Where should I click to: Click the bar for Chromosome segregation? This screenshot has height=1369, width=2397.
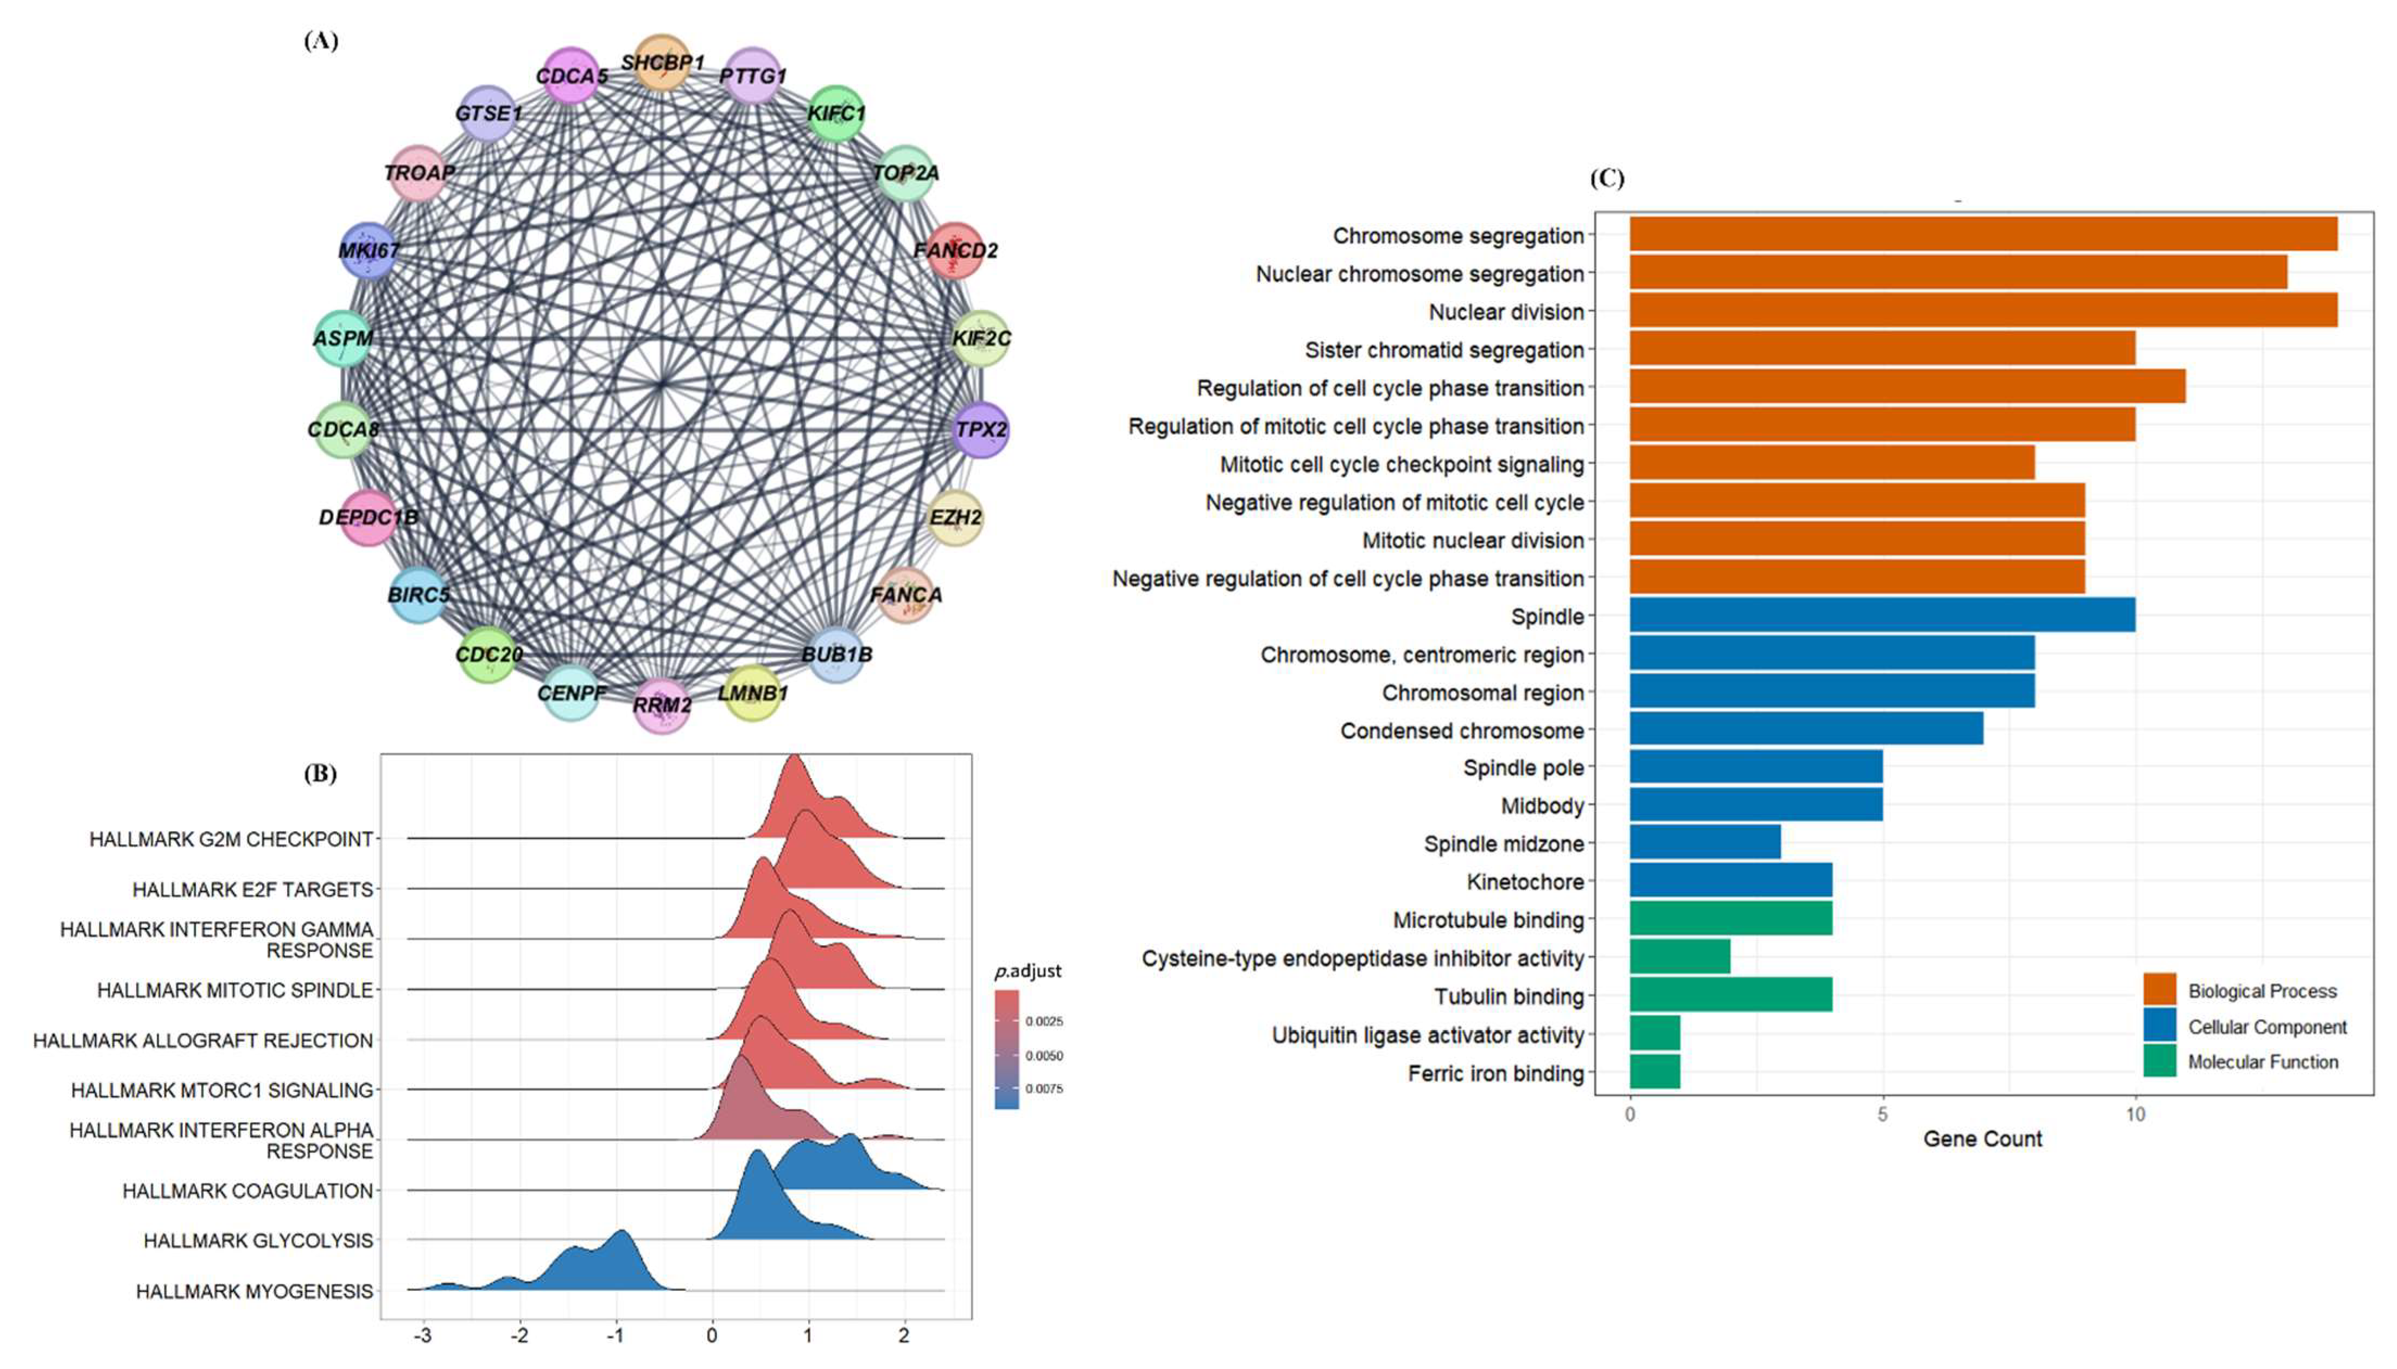click(x=1982, y=235)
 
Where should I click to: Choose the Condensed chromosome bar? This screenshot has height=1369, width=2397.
click(x=1805, y=730)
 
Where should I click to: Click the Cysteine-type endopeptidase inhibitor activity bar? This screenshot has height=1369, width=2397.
click(x=1679, y=958)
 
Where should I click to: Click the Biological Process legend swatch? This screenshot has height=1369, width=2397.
click(x=2159, y=990)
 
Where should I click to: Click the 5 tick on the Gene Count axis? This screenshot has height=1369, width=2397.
click(x=1882, y=1115)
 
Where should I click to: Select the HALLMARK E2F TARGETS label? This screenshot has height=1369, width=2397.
click(x=252, y=889)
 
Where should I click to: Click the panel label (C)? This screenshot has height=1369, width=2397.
click(x=1606, y=179)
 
